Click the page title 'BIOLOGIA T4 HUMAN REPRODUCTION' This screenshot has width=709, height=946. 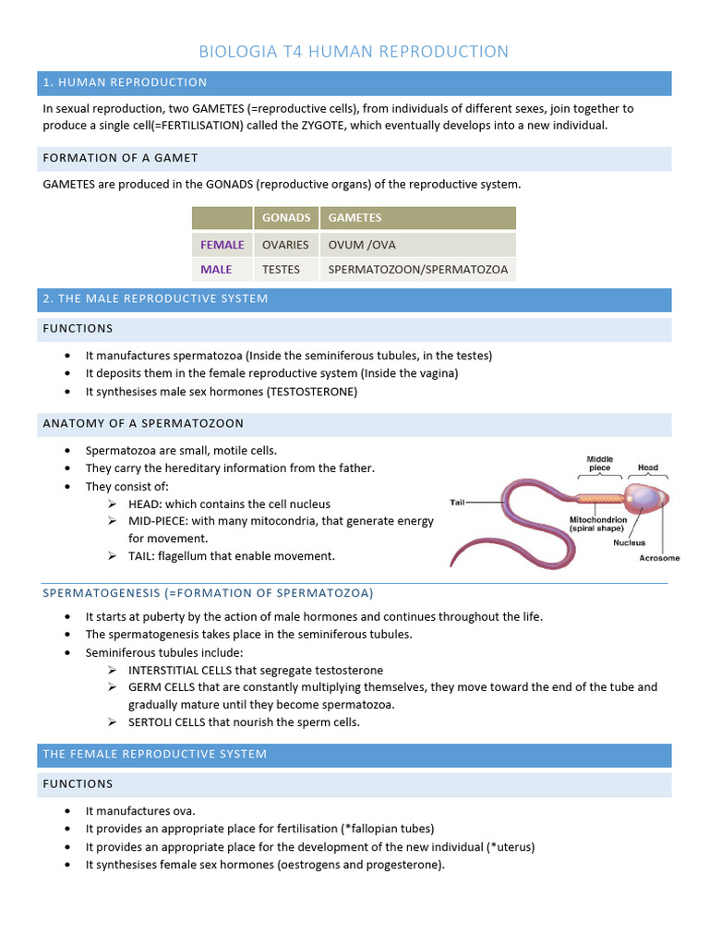tap(354, 52)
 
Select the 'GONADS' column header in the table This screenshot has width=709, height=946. tap(286, 218)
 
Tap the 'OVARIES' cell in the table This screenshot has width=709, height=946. tap(285, 245)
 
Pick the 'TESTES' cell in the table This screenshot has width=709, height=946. tap(282, 270)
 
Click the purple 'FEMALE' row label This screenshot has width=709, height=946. tap(222, 245)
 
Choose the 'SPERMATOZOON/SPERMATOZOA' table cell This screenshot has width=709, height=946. tap(417, 270)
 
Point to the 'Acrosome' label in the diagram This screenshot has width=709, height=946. tap(659, 558)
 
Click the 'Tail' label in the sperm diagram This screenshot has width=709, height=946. tap(457, 503)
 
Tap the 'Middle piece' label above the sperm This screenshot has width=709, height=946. tap(600, 463)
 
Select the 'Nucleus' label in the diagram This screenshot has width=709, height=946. tap(630, 543)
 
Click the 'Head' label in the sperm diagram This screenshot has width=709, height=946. tap(648, 467)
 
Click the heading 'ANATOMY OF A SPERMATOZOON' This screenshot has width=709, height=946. tap(143, 423)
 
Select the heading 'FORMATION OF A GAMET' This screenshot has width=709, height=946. tap(120, 158)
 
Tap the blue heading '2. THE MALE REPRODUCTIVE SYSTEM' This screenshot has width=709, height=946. tap(155, 298)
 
